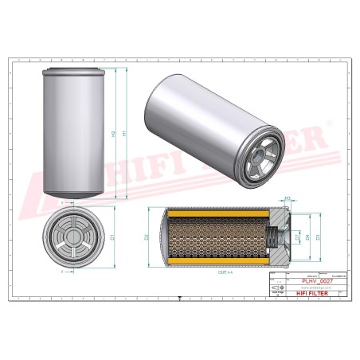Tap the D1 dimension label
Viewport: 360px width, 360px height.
[114, 237]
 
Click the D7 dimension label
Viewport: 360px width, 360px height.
[297, 237]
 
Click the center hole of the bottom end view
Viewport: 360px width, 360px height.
[72, 237]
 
